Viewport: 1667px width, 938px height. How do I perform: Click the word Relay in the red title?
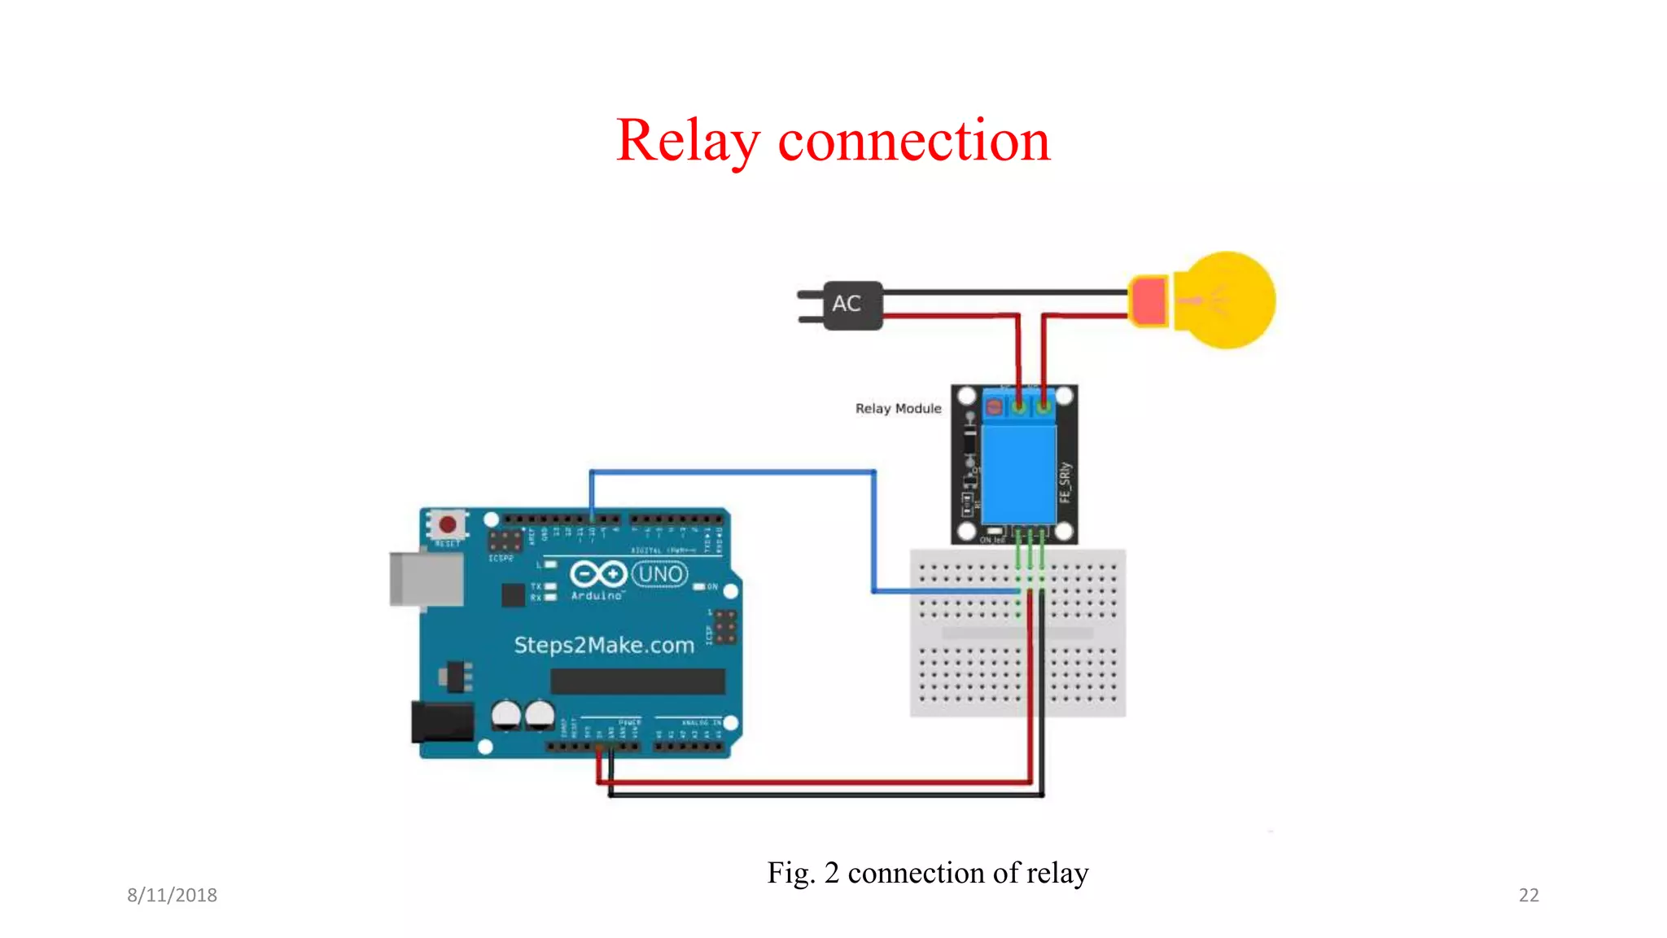click(687, 141)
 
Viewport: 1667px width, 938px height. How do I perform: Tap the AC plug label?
click(847, 304)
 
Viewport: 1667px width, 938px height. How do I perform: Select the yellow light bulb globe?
click(1229, 300)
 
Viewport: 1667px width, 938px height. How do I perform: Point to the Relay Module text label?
click(898, 409)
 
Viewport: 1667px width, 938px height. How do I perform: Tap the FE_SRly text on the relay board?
click(1065, 482)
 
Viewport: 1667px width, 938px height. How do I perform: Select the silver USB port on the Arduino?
click(426, 579)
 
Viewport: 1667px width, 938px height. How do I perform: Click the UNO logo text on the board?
click(660, 575)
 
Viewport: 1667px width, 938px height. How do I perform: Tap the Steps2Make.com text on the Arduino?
click(604, 646)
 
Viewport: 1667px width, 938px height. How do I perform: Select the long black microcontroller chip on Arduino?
click(637, 682)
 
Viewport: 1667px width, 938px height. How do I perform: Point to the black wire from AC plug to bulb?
click(1005, 291)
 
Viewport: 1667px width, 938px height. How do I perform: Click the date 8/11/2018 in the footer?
click(172, 895)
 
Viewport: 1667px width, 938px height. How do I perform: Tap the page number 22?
click(1529, 895)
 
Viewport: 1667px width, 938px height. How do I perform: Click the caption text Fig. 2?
click(803, 873)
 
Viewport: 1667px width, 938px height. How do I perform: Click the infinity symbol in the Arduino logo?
click(597, 575)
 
